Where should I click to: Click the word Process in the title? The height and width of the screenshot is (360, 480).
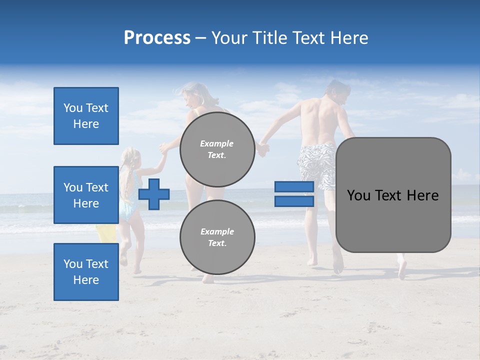157,38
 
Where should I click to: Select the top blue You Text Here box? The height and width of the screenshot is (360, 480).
86,116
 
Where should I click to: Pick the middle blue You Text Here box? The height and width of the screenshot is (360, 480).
86,195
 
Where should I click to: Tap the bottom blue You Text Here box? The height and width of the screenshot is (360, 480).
86,272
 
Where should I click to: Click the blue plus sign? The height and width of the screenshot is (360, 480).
154,194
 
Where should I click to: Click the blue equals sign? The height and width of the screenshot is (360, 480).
294,194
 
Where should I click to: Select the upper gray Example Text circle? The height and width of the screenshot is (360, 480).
217,149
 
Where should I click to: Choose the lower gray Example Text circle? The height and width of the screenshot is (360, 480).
217,237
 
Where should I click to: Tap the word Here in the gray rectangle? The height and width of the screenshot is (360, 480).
421,195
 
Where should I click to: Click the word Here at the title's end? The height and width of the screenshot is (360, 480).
349,38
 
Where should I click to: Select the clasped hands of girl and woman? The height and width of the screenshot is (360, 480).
163,148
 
